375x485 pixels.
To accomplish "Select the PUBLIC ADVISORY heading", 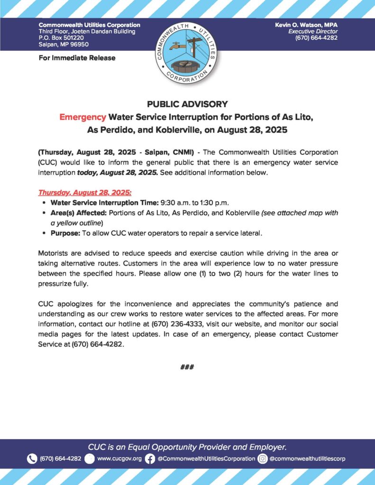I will tap(187, 104).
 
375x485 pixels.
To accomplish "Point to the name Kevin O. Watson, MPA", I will tap(306, 25).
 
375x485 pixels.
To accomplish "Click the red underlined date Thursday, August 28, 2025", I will tap(85, 193).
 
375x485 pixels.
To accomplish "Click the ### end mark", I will tap(187, 367).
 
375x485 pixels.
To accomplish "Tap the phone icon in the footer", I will tap(32, 458).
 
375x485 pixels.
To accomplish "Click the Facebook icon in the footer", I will tap(150, 458).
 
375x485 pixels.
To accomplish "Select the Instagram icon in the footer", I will tap(262, 458).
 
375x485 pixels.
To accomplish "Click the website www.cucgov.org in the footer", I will tap(119, 458).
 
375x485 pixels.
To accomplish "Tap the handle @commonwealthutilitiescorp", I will tap(307, 458).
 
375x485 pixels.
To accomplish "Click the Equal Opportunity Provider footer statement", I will tap(187, 447).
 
